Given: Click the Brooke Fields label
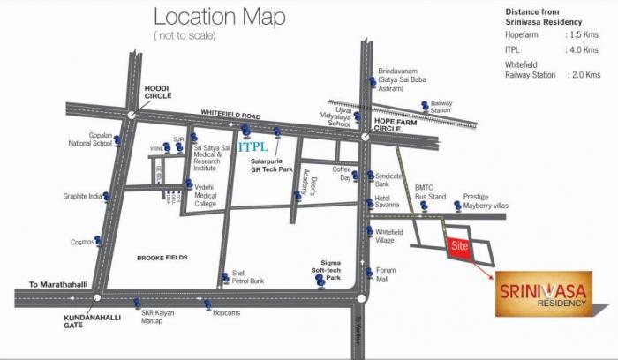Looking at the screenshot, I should point(159,258).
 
